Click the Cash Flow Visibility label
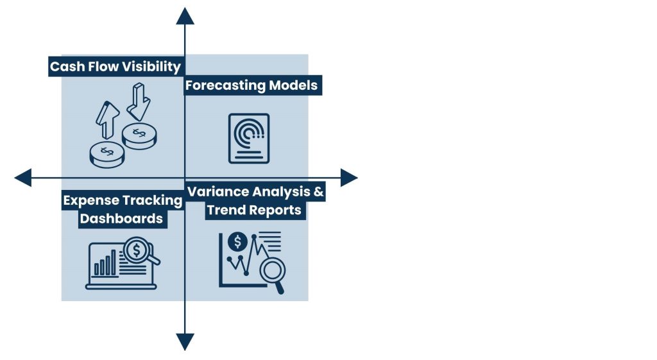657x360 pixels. tap(115, 67)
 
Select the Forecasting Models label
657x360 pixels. tap(252, 85)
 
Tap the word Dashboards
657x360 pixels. tap(113, 219)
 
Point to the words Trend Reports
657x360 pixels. tap(254, 210)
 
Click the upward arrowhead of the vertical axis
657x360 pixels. tap(185, 16)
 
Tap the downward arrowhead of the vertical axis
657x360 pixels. tap(185, 341)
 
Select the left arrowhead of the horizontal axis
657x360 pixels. tap(23, 178)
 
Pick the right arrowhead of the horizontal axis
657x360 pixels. tap(348, 178)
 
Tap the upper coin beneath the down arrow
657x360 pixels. tap(139, 135)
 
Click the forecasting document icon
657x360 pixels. tap(248, 138)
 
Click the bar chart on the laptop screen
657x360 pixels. tap(106, 264)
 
